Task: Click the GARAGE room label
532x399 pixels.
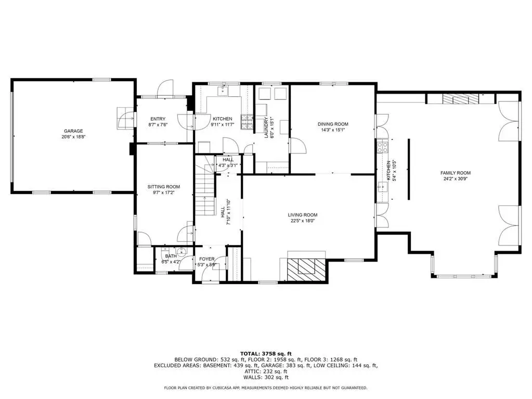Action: pyautogui.click(x=73, y=131)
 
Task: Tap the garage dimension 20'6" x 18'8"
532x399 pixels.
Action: pyautogui.click(x=73, y=137)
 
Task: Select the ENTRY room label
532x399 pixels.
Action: pyautogui.click(x=158, y=119)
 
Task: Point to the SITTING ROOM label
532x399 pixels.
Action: pyautogui.click(x=163, y=187)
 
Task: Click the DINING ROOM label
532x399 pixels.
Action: pyautogui.click(x=333, y=124)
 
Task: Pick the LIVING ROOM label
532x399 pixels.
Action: pyautogui.click(x=303, y=215)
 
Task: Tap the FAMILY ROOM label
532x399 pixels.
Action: pyautogui.click(x=456, y=173)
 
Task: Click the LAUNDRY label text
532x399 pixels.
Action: pyautogui.click(x=266, y=127)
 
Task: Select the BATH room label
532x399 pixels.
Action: pyautogui.click(x=171, y=256)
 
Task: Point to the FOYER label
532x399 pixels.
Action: pyautogui.click(x=206, y=259)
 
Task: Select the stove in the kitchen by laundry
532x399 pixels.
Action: pyautogui.click(x=247, y=122)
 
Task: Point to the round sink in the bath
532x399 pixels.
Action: pyautogui.click(x=182, y=251)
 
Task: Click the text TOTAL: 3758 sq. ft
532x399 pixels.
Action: pyautogui.click(x=266, y=354)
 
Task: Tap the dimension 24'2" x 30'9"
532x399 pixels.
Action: pyautogui.click(x=456, y=179)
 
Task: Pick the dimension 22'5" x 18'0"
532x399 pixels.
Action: pyautogui.click(x=303, y=221)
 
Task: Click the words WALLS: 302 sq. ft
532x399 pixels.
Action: pyautogui.click(x=266, y=377)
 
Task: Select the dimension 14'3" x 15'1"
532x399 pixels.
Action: pyautogui.click(x=333, y=130)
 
